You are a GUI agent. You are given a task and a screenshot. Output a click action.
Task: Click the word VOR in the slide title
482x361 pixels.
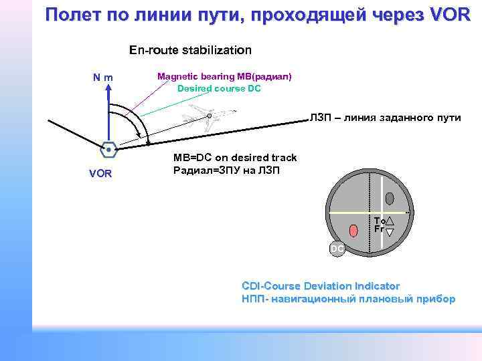pos(447,14)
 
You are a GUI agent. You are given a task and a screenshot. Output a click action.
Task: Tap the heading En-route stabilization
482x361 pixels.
pos(190,50)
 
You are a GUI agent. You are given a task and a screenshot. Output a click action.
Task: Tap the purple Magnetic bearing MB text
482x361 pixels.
pos(224,77)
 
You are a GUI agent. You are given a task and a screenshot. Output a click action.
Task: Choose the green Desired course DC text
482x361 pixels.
pos(218,88)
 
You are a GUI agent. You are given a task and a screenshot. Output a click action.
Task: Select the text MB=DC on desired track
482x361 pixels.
pos(234,158)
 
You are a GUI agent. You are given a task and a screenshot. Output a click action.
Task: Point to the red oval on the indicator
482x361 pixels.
pos(353,231)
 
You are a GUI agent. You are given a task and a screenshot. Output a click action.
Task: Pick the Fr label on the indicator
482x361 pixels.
pos(379,229)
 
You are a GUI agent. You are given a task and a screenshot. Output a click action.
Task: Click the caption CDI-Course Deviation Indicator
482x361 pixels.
pos(321,285)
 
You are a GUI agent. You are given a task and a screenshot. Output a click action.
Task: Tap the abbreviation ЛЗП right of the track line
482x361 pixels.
pos(319,118)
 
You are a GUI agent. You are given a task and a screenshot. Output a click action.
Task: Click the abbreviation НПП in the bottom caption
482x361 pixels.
pos(252,299)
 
